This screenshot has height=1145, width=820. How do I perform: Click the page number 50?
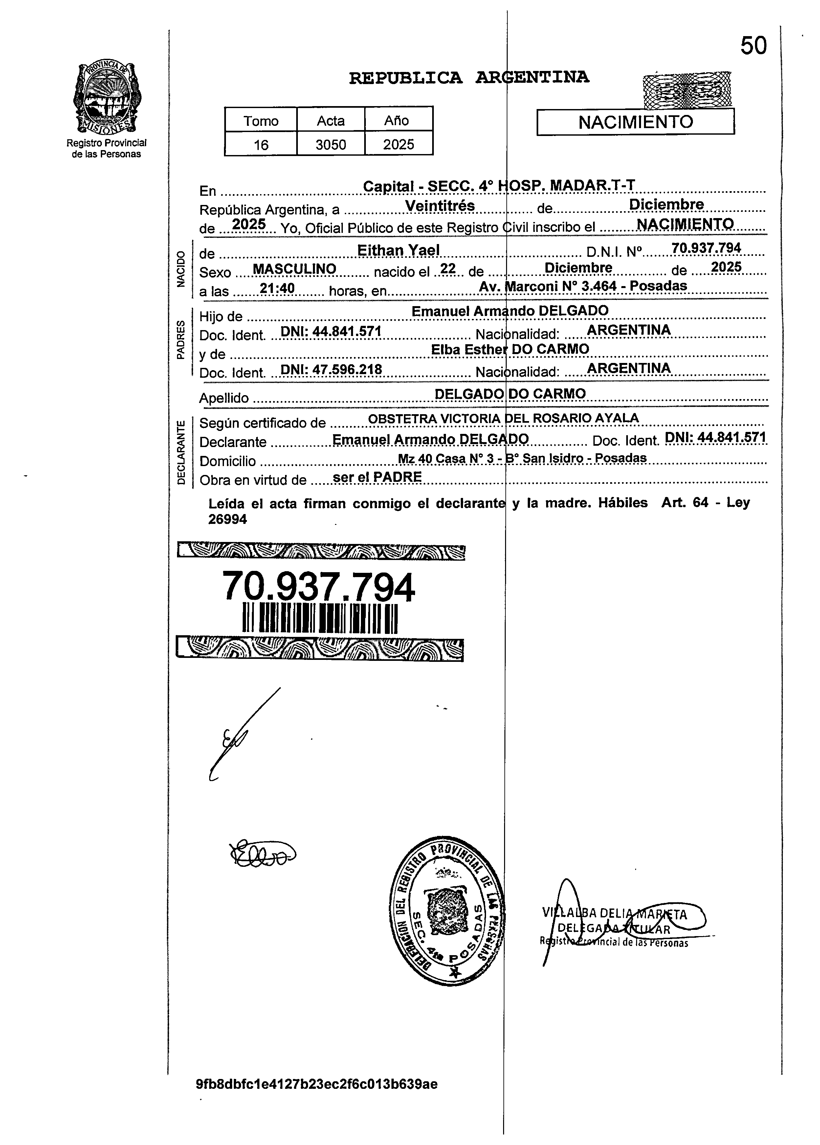[x=753, y=46]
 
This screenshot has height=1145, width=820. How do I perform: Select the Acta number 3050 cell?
[x=330, y=145]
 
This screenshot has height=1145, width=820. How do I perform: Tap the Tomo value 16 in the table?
[x=261, y=145]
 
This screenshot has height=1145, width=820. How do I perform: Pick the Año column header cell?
[x=398, y=120]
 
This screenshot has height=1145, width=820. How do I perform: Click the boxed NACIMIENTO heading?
[x=635, y=122]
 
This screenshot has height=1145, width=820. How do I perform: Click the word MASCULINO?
[x=294, y=269]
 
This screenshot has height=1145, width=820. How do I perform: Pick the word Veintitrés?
[x=440, y=206]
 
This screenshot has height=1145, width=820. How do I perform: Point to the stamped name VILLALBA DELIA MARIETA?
[x=615, y=913]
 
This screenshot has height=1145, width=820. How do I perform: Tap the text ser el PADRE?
[x=377, y=477]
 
